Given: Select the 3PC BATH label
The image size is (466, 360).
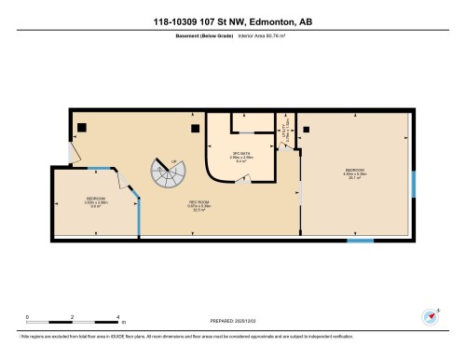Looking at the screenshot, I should (241, 156).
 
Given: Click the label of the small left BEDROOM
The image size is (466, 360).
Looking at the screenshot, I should (95, 201).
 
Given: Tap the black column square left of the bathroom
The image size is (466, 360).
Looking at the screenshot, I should (194, 128).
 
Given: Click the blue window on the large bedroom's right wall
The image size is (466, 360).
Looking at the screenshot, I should (413, 186).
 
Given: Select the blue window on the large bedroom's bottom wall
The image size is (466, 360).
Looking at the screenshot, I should (360, 241).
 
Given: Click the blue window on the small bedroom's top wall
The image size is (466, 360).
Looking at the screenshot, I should (99, 169).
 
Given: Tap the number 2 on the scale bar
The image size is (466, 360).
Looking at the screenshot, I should (72, 319).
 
